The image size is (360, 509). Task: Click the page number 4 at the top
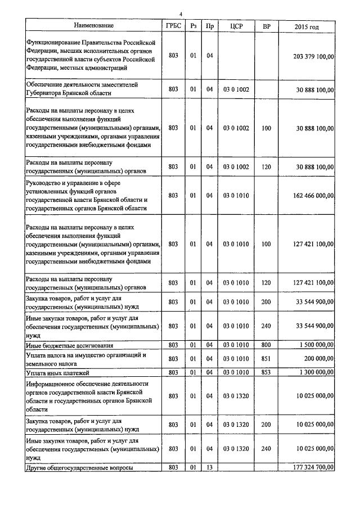181,14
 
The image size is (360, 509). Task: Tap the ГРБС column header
173,25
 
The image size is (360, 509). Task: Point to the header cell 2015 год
307,26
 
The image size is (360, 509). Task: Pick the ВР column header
267,25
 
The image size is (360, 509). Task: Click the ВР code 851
267,358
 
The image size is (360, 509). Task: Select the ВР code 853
267,372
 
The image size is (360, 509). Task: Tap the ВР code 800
267,345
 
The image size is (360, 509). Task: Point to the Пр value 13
209,467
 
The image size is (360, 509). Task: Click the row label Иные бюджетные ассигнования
70,345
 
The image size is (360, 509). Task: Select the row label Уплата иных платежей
58,373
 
